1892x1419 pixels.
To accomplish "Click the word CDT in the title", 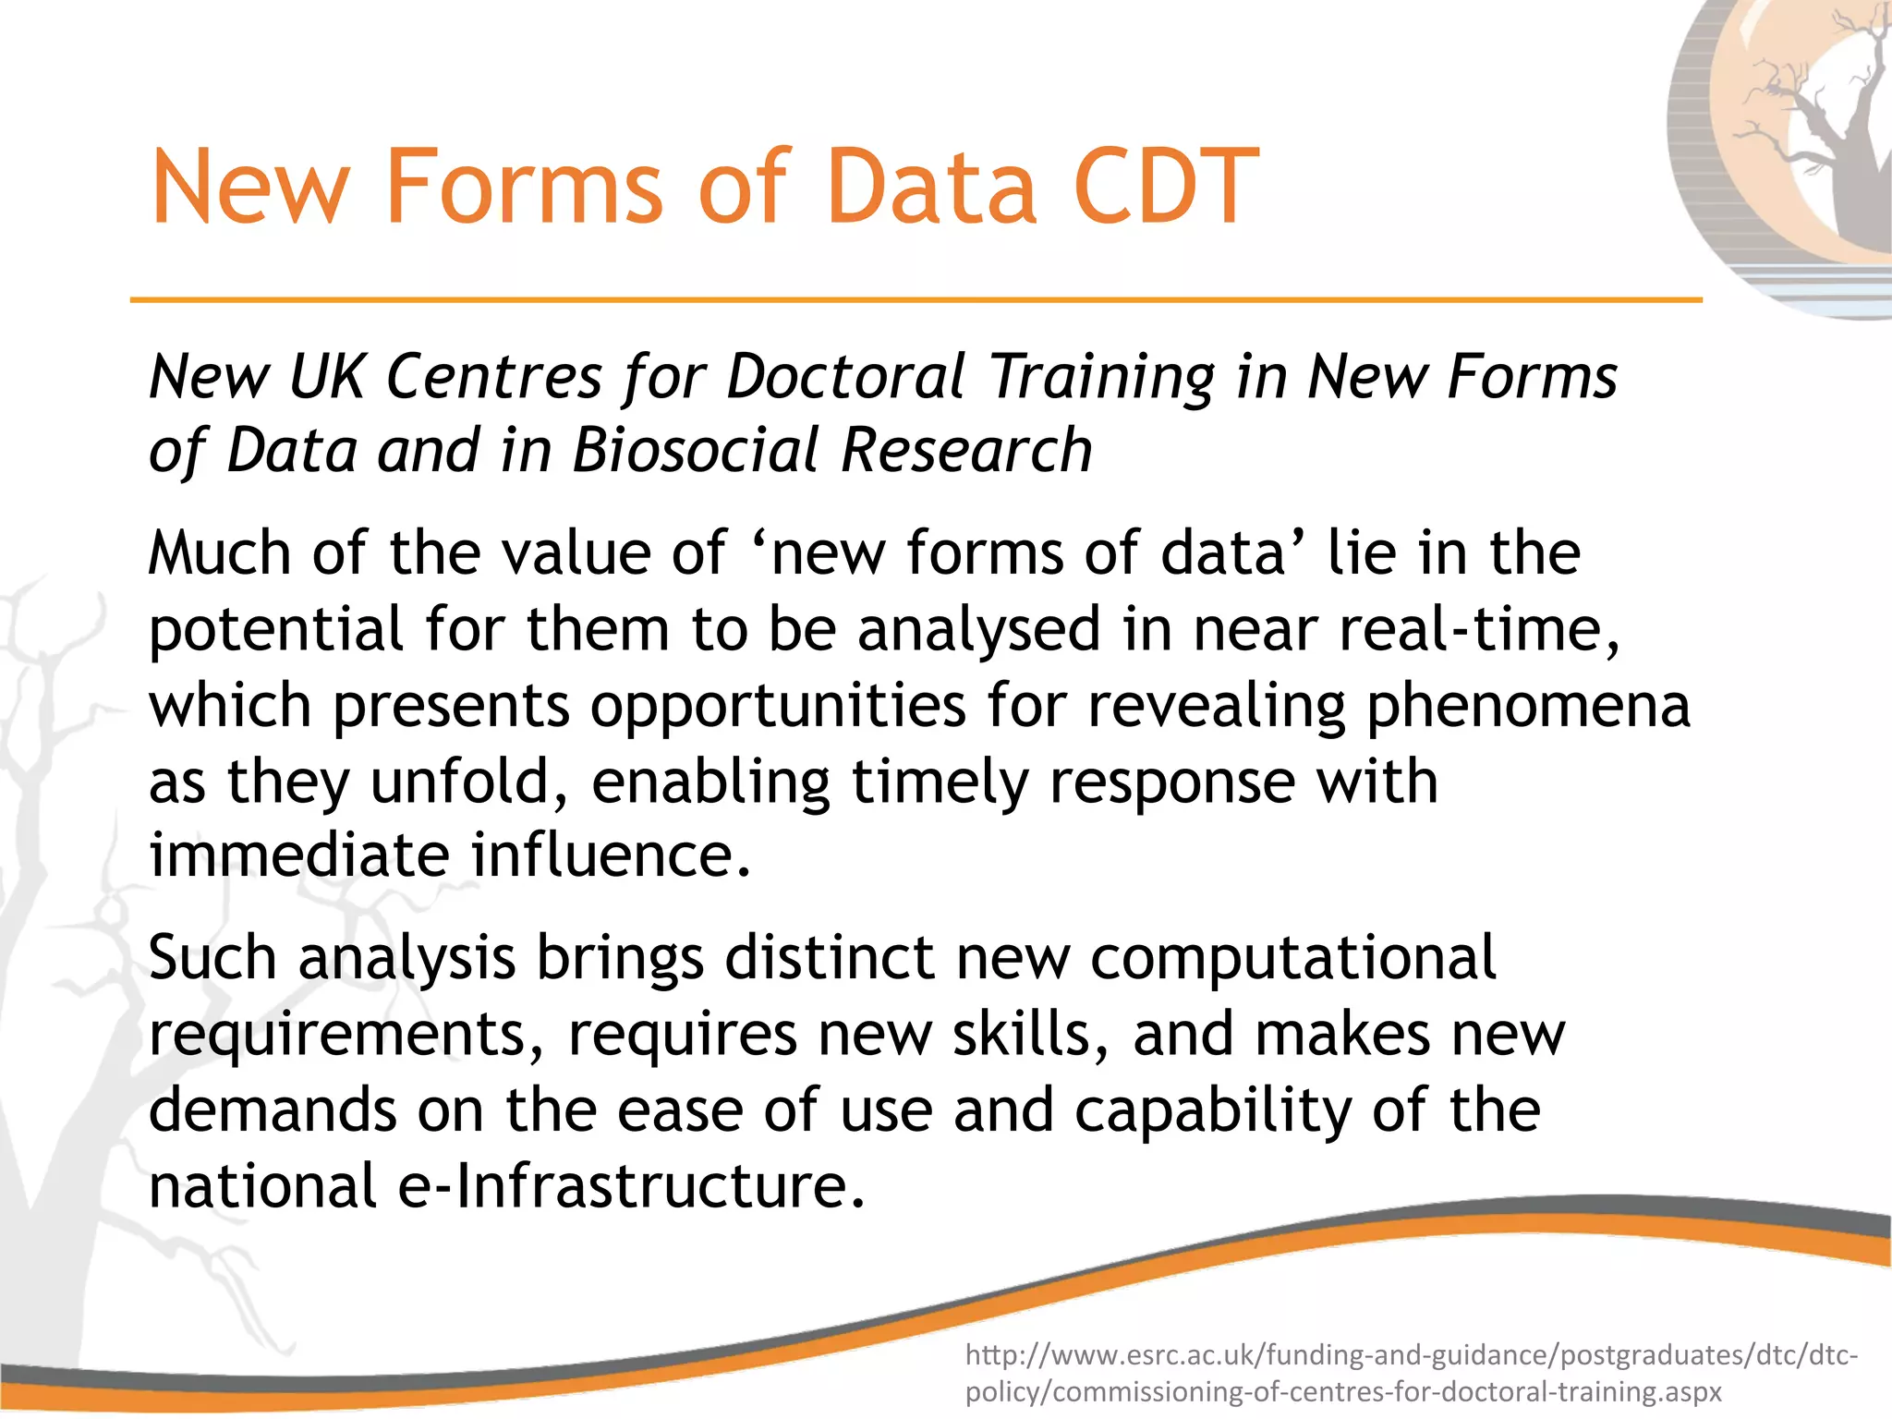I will (x=1166, y=188).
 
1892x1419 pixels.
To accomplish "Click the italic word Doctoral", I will (x=846, y=377).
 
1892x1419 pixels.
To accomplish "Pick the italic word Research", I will (x=966, y=451).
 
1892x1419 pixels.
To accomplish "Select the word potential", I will (x=276, y=631).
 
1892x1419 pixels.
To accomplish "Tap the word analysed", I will (x=979, y=629).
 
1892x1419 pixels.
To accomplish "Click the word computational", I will (x=1292, y=958).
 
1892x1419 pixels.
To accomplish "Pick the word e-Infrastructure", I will (x=632, y=1186).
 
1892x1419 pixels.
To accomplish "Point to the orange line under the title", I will (x=915, y=299).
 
